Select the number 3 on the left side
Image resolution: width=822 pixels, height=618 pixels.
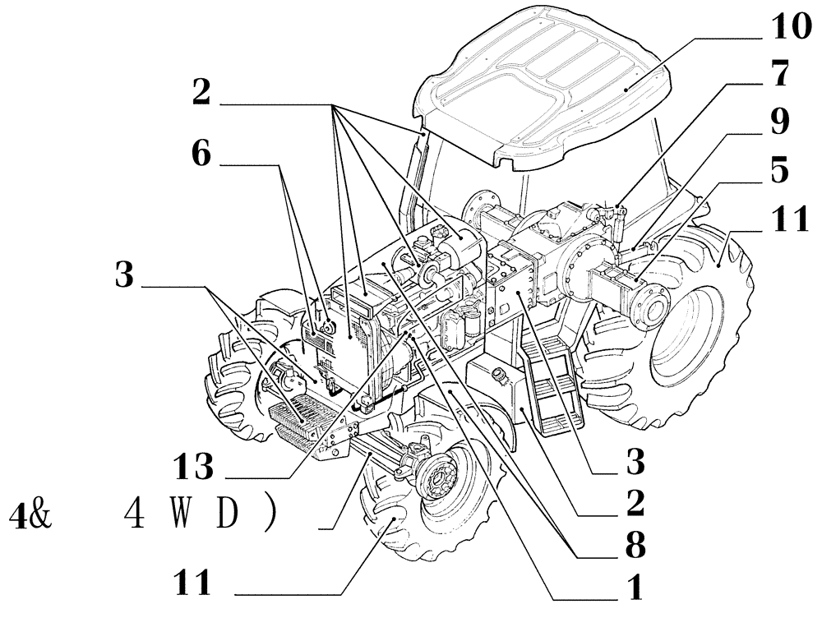point(125,277)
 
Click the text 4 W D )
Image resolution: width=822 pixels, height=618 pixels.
point(198,516)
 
